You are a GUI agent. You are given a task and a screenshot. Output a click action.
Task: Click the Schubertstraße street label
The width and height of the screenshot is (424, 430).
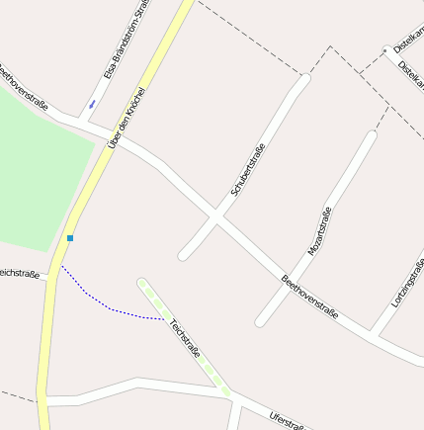tap(248, 169)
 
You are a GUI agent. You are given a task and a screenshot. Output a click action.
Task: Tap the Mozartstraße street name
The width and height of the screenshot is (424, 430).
tap(320, 232)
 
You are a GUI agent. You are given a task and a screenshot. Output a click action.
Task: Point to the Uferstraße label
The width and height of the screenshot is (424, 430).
tap(288, 421)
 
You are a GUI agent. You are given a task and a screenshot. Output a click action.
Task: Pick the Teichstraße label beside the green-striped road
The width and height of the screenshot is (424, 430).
tap(185, 336)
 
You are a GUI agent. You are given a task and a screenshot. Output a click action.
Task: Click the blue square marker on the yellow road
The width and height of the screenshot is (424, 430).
tap(70, 238)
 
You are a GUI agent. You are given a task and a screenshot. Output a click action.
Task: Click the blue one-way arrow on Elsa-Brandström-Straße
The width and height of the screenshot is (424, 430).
tap(92, 103)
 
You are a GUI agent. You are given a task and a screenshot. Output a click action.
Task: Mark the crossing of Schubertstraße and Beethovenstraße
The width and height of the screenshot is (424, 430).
tap(216, 215)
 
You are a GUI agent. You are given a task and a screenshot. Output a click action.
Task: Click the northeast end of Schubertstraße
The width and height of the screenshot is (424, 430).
tap(304, 79)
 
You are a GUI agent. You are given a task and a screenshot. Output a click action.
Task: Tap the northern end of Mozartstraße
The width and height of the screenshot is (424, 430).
tap(372, 136)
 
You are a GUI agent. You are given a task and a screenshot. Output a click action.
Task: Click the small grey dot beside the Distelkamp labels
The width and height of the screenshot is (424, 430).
tap(385, 48)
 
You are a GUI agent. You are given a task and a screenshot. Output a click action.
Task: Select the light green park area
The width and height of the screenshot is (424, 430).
tap(35, 168)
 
